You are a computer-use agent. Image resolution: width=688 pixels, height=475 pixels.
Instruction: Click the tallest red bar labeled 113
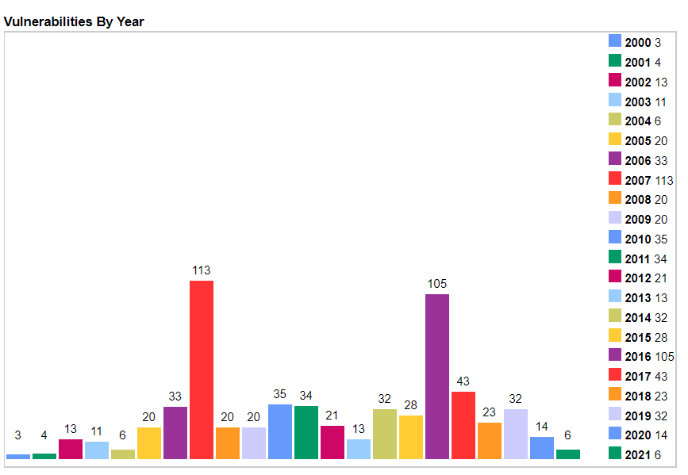click(x=202, y=370)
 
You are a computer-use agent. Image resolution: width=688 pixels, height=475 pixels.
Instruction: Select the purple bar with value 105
click(x=437, y=376)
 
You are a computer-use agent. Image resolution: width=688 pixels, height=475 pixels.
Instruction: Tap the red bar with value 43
click(x=463, y=425)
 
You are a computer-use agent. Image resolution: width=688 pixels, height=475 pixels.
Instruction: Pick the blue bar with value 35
click(x=280, y=431)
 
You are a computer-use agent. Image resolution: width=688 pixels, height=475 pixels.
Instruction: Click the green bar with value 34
click(x=306, y=432)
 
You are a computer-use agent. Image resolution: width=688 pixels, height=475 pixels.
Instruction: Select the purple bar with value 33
click(x=175, y=432)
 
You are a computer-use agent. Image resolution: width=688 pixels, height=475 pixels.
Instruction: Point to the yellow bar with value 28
click(x=411, y=437)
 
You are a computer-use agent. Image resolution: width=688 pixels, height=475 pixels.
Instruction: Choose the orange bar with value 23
click(x=490, y=440)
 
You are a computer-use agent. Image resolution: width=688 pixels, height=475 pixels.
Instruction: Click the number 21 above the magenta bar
click(x=332, y=415)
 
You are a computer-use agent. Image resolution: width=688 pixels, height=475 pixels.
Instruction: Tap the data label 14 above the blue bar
click(x=542, y=427)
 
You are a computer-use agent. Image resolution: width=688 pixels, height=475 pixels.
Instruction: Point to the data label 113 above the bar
click(x=202, y=270)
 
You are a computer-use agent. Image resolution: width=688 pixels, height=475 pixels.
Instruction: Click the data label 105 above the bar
click(x=437, y=284)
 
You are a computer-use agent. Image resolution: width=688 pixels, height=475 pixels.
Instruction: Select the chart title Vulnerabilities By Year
click(x=74, y=21)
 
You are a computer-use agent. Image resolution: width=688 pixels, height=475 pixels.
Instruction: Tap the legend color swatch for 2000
click(x=615, y=41)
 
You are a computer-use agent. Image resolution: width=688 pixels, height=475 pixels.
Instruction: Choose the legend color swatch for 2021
click(x=615, y=454)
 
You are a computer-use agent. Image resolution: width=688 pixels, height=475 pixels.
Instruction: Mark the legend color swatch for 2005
click(x=615, y=140)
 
